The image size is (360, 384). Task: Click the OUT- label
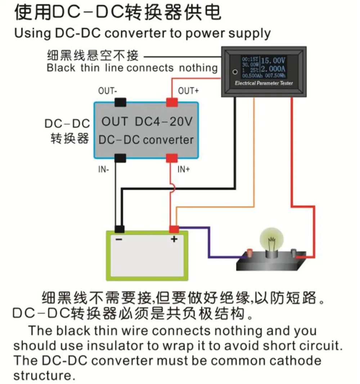107,91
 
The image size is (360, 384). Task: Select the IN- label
104,169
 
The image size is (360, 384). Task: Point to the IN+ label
184,169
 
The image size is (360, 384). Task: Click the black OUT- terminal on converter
120,102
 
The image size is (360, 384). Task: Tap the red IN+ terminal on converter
172,158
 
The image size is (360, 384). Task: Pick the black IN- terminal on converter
120,158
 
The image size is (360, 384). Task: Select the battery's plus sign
174,239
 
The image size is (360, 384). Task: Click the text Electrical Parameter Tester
264,83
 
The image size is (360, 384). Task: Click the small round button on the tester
235,72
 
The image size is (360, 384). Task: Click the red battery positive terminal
174,229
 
